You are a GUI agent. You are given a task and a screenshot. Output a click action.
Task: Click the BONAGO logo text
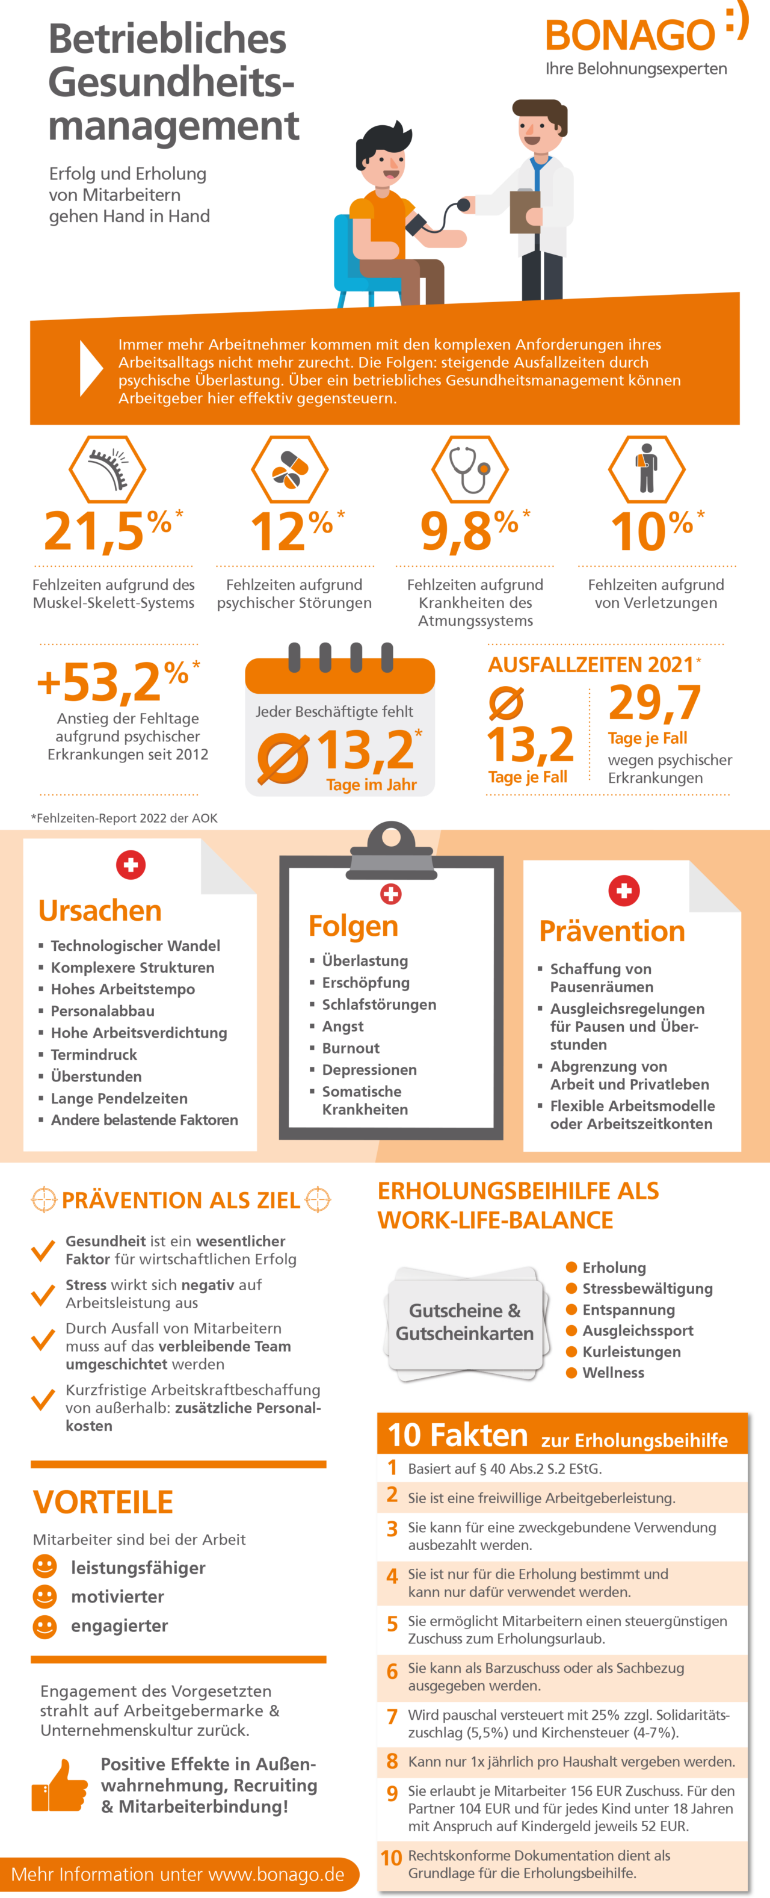(630, 36)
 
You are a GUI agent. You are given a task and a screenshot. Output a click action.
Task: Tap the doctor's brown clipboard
(525, 211)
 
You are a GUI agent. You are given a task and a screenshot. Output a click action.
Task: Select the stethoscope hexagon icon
(470, 469)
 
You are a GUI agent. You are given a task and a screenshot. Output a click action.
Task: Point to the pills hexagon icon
(289, 469)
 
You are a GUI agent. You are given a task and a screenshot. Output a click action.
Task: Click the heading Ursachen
(100, 910)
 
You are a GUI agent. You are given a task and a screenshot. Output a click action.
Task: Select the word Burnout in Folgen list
(351, 1048)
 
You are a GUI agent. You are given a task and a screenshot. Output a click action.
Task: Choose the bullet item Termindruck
(94, 1054)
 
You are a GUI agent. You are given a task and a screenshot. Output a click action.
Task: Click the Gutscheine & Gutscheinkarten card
(465, 1322)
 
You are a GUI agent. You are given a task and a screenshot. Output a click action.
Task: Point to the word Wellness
(613, 1373)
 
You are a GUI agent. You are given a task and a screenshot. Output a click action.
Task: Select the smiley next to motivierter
(45, 1597)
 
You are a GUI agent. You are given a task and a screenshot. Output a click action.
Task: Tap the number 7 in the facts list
(392, 1716)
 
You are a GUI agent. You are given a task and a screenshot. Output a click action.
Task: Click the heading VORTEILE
(103, 1501)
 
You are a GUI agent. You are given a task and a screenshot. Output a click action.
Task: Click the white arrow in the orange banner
(91, 368)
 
